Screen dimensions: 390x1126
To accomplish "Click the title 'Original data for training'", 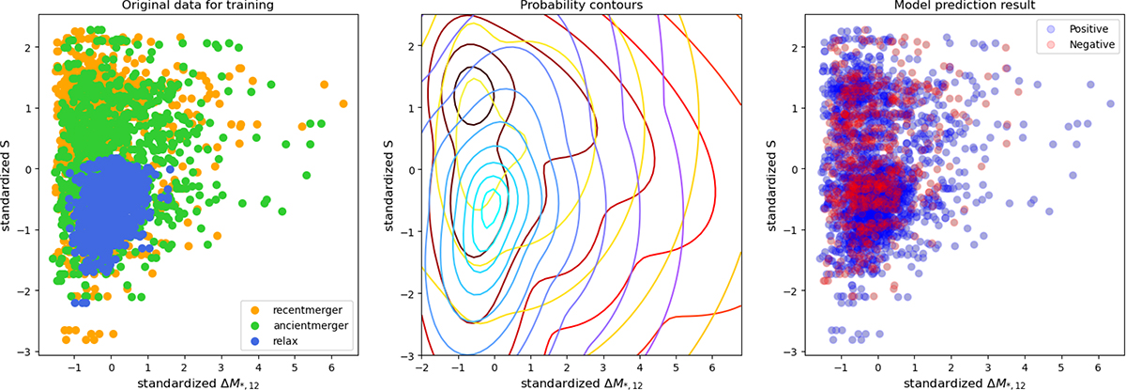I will (x=188, y=7).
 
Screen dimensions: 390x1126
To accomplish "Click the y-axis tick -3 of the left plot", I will (x=25, y=351).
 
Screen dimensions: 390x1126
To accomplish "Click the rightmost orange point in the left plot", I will (x=342, y=103).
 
